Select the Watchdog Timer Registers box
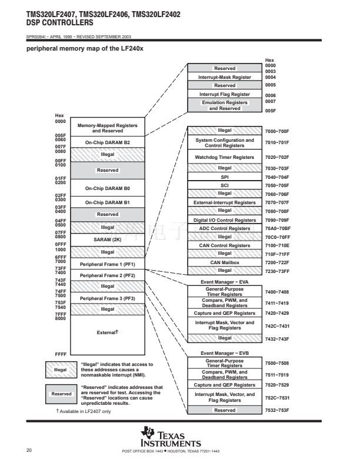pos(225,158)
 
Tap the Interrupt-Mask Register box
pos(225,77)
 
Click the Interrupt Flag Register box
pos(225,95)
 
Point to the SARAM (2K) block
pos(108,240)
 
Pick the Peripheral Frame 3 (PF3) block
pos(108,299)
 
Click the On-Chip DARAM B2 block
pos(108,142)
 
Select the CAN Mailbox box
pos(225,262)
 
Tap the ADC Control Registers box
pos(225,228)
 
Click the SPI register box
pos(225,177)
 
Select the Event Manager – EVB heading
pos(225,353)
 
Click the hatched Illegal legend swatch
pos(61,370)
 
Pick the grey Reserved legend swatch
pos(61,394)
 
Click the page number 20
pos(29,451)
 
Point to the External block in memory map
pos(108,333)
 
